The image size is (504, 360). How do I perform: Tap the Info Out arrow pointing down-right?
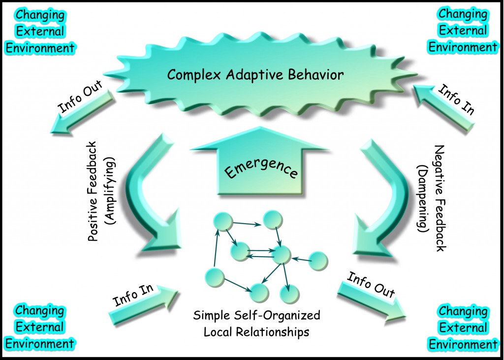tap(372, 295)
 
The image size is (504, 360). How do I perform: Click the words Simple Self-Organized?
tap(256, 315)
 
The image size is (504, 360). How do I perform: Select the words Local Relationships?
tap(256, 331)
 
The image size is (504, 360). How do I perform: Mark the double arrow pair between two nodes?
tap(260, 253)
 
